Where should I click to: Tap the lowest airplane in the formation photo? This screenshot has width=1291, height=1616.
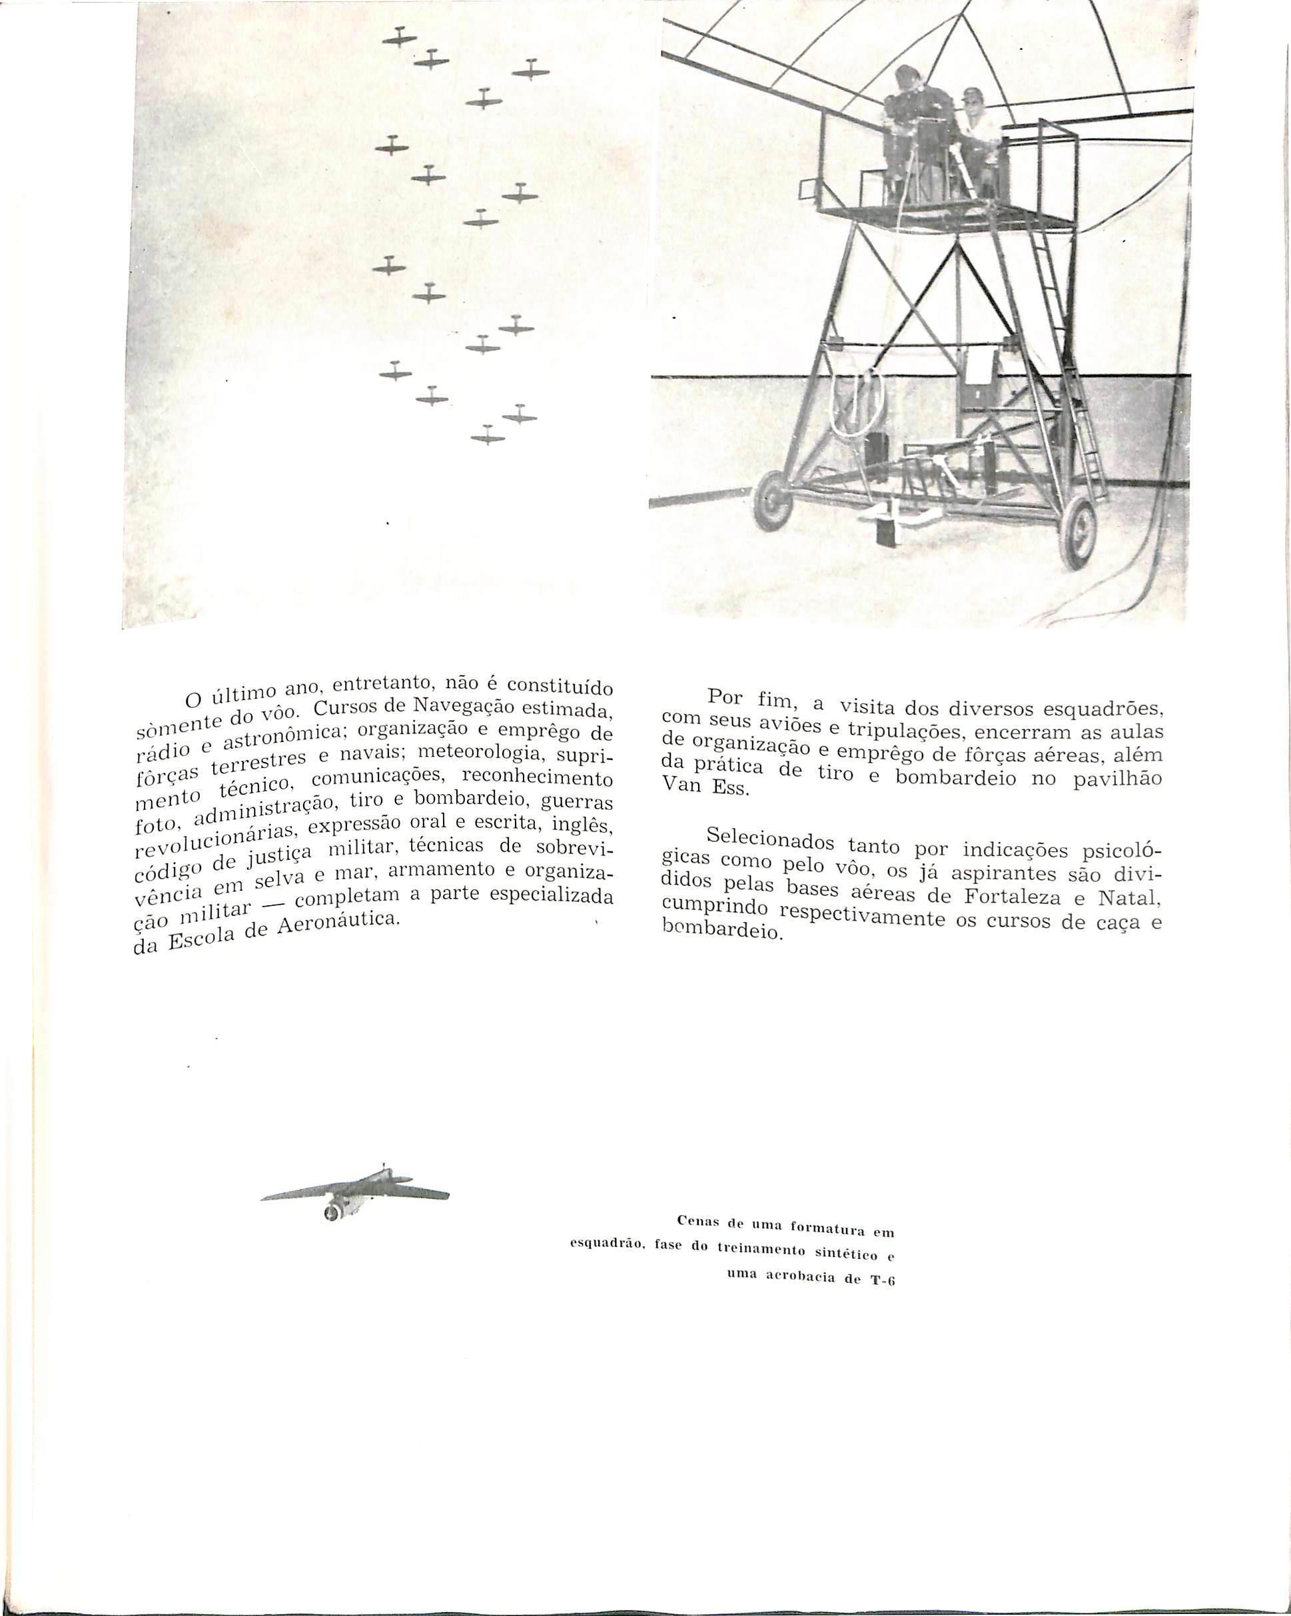pyautogui.click(x=488, y=436)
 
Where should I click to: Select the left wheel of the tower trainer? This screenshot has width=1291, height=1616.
pyautogui.click(x=771, y=497)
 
